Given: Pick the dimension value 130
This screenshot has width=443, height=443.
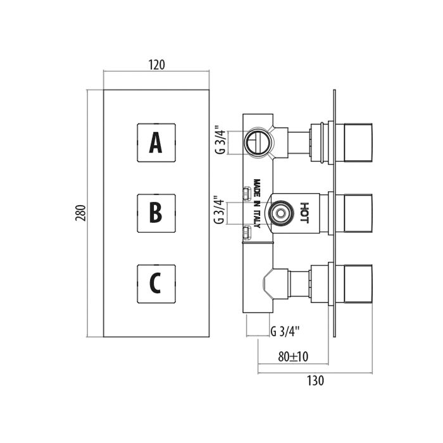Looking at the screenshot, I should pos(316,380).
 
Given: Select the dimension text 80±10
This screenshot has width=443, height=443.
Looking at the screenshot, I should pos(293,357).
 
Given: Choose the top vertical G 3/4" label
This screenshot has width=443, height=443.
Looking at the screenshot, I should pos(219,141).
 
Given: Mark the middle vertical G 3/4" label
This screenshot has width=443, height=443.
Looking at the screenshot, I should pos(219,210).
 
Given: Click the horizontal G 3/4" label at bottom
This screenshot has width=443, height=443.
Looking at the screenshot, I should pos(284,330).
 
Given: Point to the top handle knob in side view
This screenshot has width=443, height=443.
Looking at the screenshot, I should pos(359,142).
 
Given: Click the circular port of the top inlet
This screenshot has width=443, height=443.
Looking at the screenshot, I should pos(258,141).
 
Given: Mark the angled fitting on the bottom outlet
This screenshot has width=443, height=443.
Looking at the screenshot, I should pos(271,282).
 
